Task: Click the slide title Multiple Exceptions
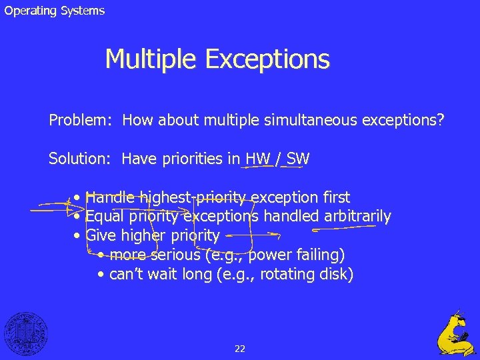pos(217,59)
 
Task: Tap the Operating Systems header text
pos(55,11)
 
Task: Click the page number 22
pos(240,348)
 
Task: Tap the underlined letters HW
pos(257,159)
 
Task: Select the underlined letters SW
pos(297,159)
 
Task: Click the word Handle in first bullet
pos(110,197)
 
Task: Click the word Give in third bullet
pos(101,236)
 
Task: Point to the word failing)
pos(319,255)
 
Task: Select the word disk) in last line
pos(337,274)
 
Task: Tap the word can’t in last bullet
pos(124,274)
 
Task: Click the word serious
pos(175,255)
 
